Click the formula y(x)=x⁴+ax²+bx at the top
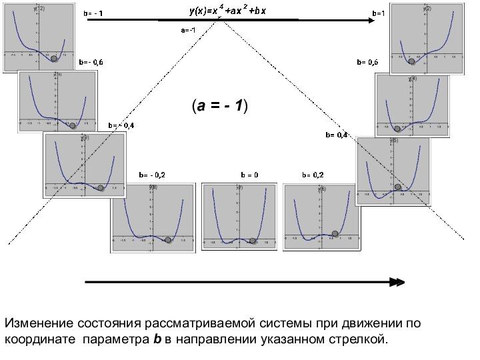(x=227, y=11)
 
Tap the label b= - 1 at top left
(x=93, y=13)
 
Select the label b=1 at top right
(x=377, y=13)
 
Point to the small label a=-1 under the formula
(x=188, y=30)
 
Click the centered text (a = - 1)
(x=219, y=105)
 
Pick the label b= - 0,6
(x=91, y=62)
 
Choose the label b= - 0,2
(x=152, y=175)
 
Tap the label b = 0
(x=249, y=175)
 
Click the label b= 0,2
(x=313, y=175)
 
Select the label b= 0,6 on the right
(x=367, y=62)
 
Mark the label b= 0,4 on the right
(x=337, y=135)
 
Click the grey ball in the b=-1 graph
(x=55, y=59)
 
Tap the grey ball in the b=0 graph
(x=253, y=241)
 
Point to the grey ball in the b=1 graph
(x=411, y=61)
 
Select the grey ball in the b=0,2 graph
(x=335, y=233)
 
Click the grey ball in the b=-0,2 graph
(x=168, y=239)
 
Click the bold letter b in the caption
(x=157, y=340)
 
